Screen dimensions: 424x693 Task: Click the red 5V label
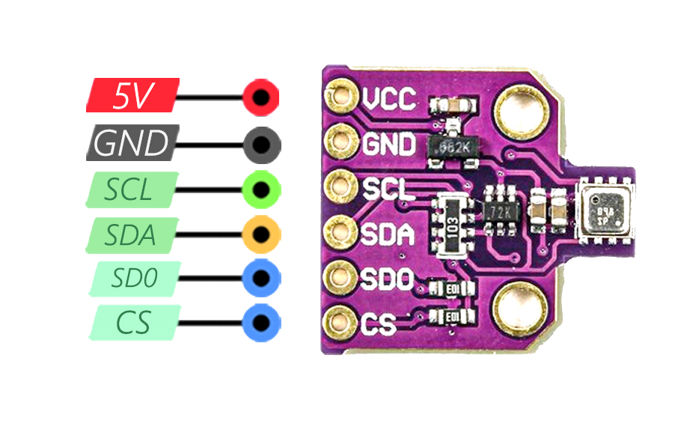(133, 96)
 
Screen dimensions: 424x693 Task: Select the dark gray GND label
(133, 142)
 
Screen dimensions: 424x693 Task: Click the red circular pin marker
(261, 97)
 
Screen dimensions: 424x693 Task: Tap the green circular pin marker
(261, 188)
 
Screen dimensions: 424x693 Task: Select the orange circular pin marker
(261, 234)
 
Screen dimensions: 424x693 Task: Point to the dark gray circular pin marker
(261, 143)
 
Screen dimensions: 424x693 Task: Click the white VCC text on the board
(390, 99)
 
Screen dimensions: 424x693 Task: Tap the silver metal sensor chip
(605, 210)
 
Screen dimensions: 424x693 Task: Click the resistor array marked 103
(452, 224)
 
